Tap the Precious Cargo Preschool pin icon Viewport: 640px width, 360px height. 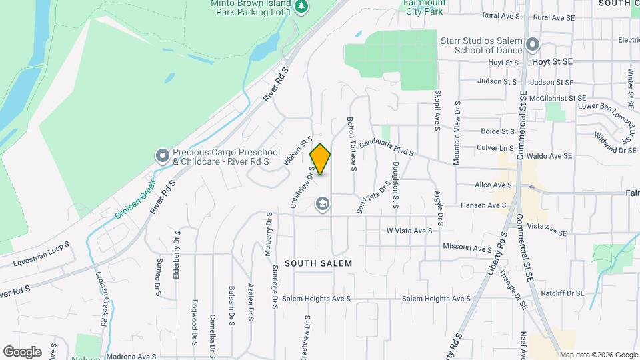[162, 156]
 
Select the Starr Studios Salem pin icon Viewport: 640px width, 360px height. [532, 45]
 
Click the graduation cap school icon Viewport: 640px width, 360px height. [323, 204]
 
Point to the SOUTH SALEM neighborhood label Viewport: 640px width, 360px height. [318, 263]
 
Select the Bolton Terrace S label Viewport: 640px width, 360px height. [351, 144]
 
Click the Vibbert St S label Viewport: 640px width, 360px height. [297, 150]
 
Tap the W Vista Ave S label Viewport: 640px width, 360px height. [409, 231]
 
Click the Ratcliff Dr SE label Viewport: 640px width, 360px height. [561, 293]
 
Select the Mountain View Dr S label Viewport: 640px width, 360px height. [457, 133]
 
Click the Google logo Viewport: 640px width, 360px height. [22, 351]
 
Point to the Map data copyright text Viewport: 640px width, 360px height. [597, 355]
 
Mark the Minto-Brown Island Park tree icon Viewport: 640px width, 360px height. [303, 7]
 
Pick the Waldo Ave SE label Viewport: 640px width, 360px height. [549, 156]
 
